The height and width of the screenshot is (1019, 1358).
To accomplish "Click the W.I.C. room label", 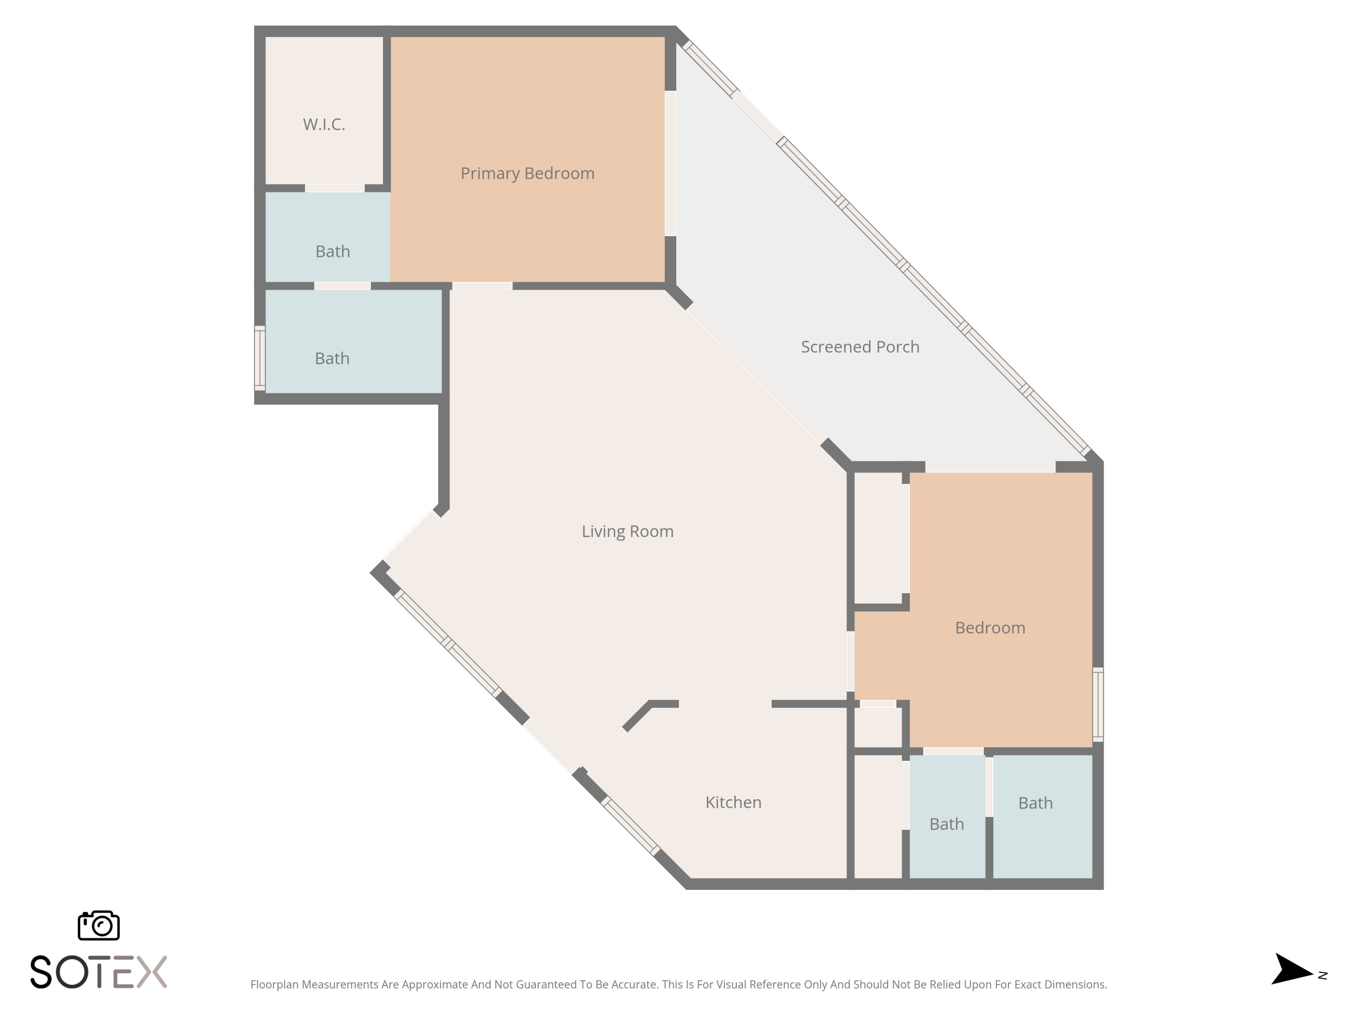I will (x=324, y=125).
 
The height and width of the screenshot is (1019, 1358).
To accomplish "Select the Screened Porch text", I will (x=860, y=347).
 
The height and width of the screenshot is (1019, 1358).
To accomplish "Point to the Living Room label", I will (x=627, y=531).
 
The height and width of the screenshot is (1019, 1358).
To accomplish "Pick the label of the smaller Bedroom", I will (x=990, y=628).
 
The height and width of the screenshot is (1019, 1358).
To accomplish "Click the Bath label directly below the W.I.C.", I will (x=333, y=252).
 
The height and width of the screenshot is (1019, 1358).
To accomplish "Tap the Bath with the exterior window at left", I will (x=332, y=359).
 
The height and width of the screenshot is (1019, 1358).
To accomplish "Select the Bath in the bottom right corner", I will (x=1035, y=803).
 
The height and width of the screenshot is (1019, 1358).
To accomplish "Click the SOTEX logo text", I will (x=99, y=972).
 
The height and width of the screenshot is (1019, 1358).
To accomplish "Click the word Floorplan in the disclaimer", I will (x=274, y=985).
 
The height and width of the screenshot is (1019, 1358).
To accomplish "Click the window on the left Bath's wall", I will (x=260, y=359).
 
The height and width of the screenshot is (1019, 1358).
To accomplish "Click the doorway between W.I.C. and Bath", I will (x=335, y=188).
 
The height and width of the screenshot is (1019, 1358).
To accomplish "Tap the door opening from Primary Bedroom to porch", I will (x=670, y=163).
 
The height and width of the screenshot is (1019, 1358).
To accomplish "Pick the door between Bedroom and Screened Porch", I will (x=990, y=467).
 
